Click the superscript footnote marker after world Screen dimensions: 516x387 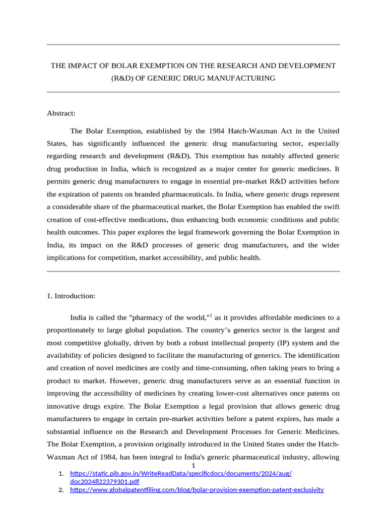[x=211, y=315]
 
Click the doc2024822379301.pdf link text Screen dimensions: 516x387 [x=101, y=482]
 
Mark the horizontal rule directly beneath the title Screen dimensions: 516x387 [x=193, y=92]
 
